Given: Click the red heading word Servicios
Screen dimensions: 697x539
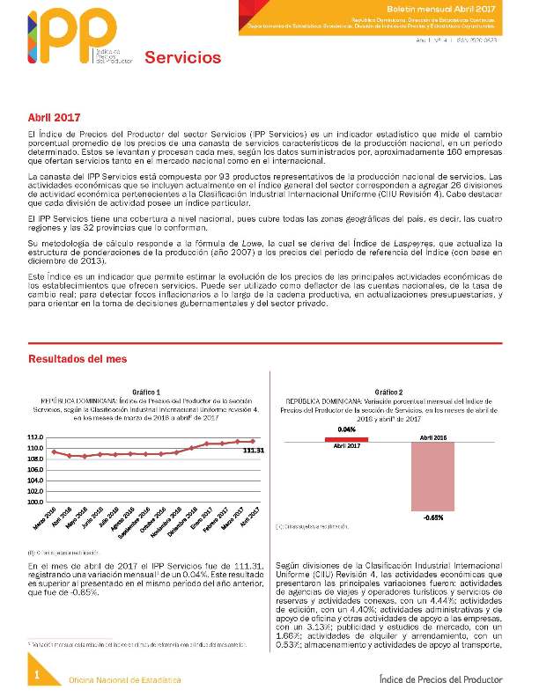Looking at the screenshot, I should click(182, 58).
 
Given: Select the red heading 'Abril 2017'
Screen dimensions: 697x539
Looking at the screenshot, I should click(55, 117).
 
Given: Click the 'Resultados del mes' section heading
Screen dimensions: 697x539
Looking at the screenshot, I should click(78, 359).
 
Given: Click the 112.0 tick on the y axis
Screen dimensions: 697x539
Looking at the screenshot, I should click(35, 437).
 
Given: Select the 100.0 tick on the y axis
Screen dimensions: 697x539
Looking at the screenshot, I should click(35, 502).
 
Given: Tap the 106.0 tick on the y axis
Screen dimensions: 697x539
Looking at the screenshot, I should click(35, 470).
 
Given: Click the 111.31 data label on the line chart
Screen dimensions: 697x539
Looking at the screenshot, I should click(253, 450).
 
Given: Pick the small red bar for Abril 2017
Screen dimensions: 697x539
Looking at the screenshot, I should click(346, 439).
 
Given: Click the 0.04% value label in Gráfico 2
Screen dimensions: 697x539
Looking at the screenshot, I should click(346, 429).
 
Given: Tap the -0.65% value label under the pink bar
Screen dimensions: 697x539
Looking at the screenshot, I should click(432, 517).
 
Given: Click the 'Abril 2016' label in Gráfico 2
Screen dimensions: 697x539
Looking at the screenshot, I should click(433, 437).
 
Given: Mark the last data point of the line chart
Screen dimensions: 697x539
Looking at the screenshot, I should click(253, 441).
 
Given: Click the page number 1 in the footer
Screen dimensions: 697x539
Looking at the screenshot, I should click(37, 674).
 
